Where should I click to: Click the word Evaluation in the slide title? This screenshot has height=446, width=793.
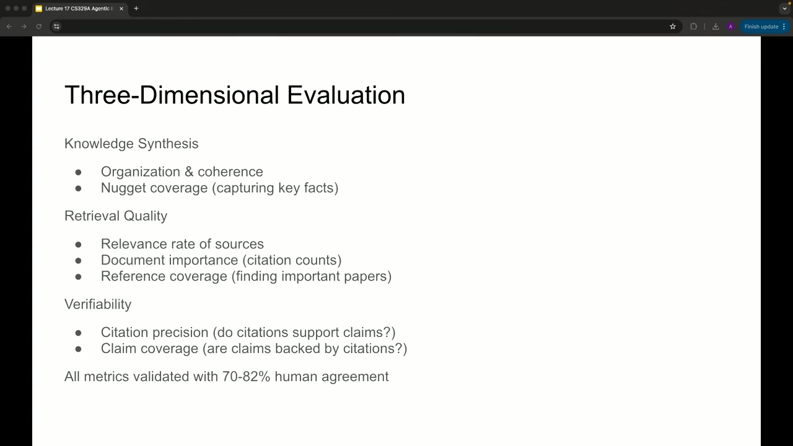pyautogui.click(x=346, y=95)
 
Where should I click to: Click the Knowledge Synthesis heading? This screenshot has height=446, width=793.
pyautogui.click(x=131, y=144)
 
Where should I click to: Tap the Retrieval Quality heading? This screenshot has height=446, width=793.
pyautogui.click(x=116, y=216)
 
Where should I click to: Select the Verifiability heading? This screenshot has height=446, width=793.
pyautogui.click(x=98, y=304)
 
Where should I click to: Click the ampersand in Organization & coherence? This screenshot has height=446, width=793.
pyautogui.click(x=189, y=172)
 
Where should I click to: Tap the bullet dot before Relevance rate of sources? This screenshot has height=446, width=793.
pyautogui.click(x=78, y=244)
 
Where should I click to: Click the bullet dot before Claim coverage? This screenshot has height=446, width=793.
pyautogui.click(x=78, y=349)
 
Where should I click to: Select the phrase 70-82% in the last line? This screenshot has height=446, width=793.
pyautogui.click(x=247, y=376)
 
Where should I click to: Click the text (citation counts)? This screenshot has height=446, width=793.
pyautogui.click(x=292, y=260)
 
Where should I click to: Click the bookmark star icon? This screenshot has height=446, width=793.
pyautogui.click(x=673, y=27)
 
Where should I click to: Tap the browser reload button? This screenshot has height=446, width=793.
pyautogui.click(x=39, y=27)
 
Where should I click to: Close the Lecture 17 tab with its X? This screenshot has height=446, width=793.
pyautogui.click(x=121, y=9)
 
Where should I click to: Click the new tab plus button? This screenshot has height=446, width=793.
pyautogui.click(x=136, y=9)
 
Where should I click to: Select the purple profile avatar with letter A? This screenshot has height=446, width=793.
pyautogui.click(x=730, y=27)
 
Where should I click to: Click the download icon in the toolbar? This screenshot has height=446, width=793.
pyautogui.click(x=716, y=27)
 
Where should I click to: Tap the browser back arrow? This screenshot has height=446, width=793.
pyautogui.click(x=9, y=27)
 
